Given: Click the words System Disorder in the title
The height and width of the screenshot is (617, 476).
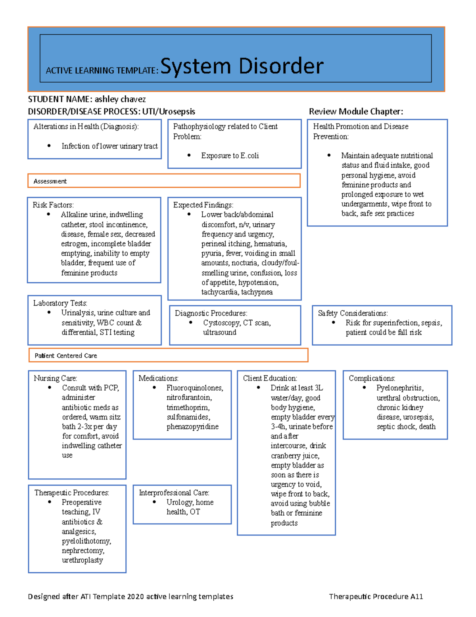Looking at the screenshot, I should (242, 66).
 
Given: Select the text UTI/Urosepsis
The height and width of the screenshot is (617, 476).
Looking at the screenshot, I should (169, 112).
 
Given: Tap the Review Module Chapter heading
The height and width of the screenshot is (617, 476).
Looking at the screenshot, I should (356, 112).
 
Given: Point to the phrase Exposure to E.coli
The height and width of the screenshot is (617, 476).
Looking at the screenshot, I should (230, 156).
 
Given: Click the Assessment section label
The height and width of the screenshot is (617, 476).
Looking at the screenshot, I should (50, 181).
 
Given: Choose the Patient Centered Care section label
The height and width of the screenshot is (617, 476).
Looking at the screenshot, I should (65, 356).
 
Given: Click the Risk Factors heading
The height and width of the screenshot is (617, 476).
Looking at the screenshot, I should (53, 205).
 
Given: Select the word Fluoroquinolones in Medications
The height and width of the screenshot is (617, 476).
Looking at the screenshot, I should (195, 388).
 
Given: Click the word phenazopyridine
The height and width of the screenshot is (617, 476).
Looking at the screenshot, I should (192, 427).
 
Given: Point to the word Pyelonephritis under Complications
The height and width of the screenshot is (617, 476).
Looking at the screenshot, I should (400, 388).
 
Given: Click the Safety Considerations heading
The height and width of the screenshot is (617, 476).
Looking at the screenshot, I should (353, 313).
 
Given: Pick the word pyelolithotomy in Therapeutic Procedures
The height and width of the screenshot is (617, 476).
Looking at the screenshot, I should (86, 541).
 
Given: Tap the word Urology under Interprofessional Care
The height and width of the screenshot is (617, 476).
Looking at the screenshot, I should (180, 502).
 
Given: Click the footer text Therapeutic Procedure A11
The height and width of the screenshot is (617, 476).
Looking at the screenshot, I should (376, 596).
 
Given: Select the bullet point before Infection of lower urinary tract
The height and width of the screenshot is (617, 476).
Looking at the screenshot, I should (49, 146).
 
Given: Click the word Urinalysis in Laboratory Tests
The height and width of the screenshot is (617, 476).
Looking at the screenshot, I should (78, 313).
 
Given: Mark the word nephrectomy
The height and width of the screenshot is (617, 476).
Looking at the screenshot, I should (83, 551).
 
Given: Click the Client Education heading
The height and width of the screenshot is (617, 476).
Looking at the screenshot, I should (270, 378).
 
